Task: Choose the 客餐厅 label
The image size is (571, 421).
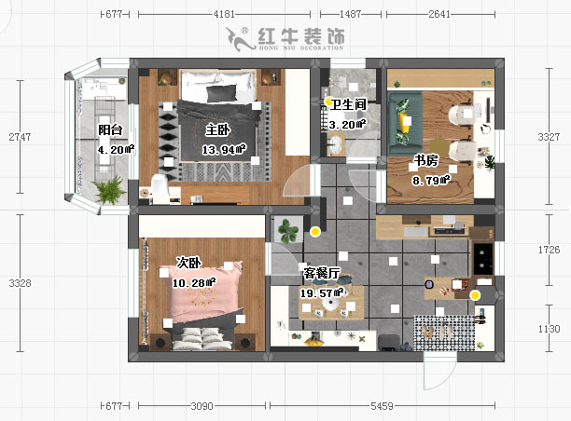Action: pyautogui.click(x=321, y=274)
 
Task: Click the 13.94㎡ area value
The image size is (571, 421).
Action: pyautogui.click(x=223, y=149)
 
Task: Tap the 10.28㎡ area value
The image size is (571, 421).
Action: pyautogui.click(x=194, y=282)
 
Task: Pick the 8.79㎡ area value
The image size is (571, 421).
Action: pyautogui.click(x=431, y=179)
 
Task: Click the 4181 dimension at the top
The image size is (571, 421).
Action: pyautogui.click(x=224, y=15)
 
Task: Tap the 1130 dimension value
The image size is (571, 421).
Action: pyautogui.click(x=553, y=329)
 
